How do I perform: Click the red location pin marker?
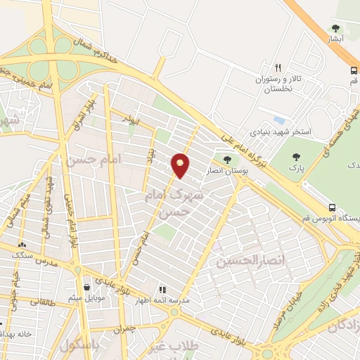181,165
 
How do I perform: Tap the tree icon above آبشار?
335,29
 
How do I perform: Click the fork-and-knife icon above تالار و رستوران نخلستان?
278,68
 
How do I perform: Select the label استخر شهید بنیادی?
281,132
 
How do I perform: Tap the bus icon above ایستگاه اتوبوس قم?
333,207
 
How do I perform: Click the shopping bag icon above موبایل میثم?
86,288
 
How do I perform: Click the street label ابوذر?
129,120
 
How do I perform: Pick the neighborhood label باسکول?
77,345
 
